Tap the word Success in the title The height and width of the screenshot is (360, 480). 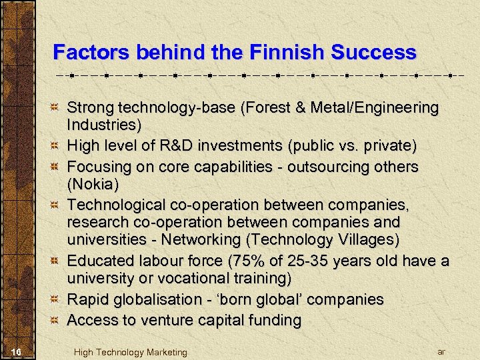coord(371,52)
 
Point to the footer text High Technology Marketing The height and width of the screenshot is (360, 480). coord(131,352)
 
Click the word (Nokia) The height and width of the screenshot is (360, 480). coord(91,183)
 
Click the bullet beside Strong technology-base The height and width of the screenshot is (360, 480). coord(57,107)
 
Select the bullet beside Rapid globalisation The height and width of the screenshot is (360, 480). coord(57,300)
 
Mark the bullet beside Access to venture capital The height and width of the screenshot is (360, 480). coord(57,320)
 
